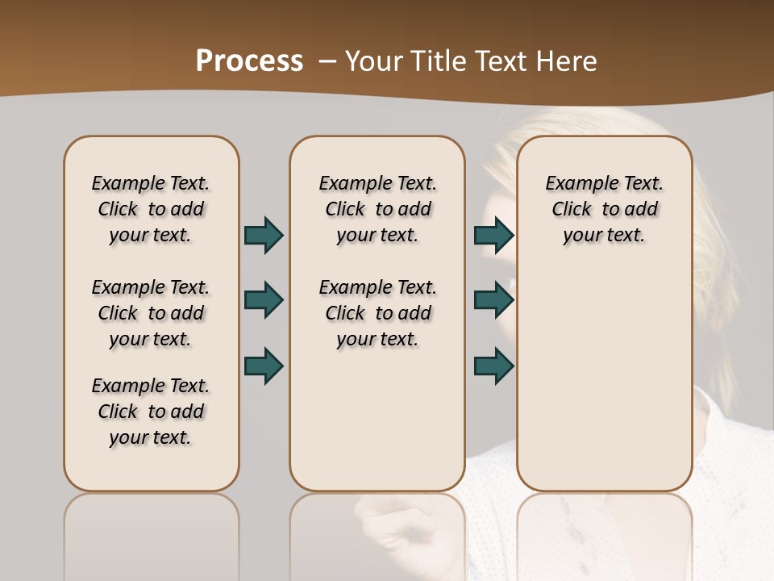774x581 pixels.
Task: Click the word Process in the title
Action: pyautogui.click(x=249, y=61)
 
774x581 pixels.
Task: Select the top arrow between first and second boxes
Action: pyautogui.click(x=264, y=235)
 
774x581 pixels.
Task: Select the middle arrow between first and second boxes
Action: pyautogui.click(x=264, y=300)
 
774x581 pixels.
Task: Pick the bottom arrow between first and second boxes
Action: pyautogui.click(x=264, y=366)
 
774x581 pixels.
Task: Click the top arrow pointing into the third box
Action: pyautogui.click(x=493, y=235)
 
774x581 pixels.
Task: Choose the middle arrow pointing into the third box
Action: pyautogui.click(x=493, y=300)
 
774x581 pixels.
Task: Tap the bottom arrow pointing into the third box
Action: pyautogui.click(x=493, y=366)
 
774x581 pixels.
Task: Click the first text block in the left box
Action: pyautogui.click(x=151, y=209)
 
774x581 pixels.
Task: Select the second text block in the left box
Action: pyautogui.click(x=151, y=313)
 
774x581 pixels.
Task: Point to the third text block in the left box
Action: pyautogui.click(x=151, y=412)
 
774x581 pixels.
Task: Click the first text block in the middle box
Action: pyautogui.click(x=377, y=209)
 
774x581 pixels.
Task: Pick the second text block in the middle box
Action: pyautogui.click(x=377, y=313)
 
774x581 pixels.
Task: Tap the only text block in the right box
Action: pyautogui.click(x=604, y=209)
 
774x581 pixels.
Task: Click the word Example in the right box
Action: pyautogui.click(x=579, y=184)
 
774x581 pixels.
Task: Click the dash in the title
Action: pyautogui.click(x=327, y=61)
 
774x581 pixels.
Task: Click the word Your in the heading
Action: pyautogui.click(x=374, y=61)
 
